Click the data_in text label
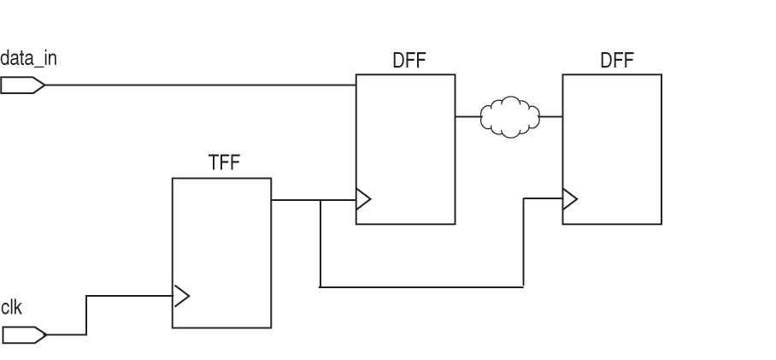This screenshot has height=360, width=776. coord(29,59)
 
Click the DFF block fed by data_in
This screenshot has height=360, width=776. coord(406,137)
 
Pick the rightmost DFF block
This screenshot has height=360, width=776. coord(611,137)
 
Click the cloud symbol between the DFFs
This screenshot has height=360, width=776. coord(509,118)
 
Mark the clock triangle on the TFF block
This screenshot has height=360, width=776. coord(180,297)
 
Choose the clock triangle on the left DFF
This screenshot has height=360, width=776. coord(363,201)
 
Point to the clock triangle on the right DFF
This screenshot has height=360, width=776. coord(569,200)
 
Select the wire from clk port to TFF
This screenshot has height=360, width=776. coord(128,297)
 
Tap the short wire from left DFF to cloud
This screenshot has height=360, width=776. coord(467,116)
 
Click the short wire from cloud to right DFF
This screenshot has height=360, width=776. coord(551,116)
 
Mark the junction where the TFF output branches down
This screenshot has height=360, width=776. coord(320,201)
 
